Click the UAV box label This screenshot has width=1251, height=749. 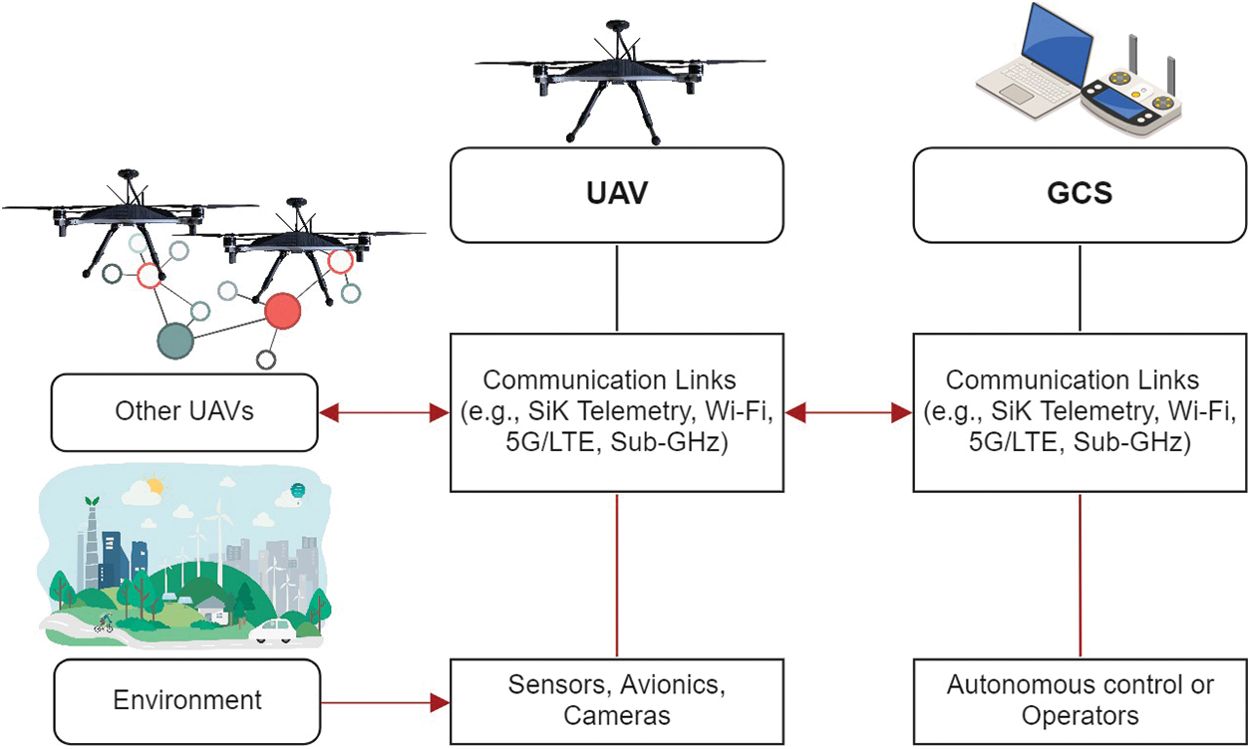pyautogui.click(x=617, y=194)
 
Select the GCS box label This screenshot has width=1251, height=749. pyautogui.click(x=1081, y=194)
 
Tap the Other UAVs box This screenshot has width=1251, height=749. pyautogui.click(x=184, y=411)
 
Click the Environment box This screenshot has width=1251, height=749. pyautogui.click(x=187, y=700)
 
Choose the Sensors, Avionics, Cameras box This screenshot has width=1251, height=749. pyautogui.click(x=617, y=700)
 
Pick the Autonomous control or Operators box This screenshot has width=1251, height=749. pyautogui.click(x=1081, y=700)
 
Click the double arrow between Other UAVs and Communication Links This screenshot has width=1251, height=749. pyautogui.click(x=384, y=411)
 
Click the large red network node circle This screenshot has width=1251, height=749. pyautogui.click(x=283, y=312)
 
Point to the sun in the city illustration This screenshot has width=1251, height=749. pyautogui.click(x=153, y=487)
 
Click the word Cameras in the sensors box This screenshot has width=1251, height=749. pyautogui.click(x=617, y=715)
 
